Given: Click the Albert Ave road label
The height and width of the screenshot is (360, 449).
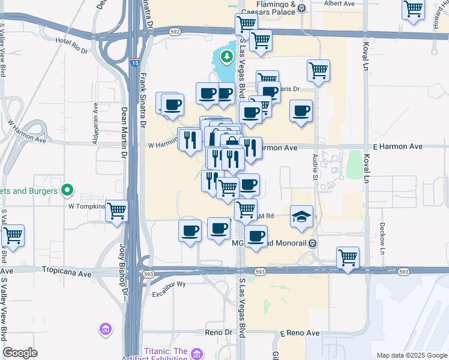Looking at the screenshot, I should [x=339, y=4].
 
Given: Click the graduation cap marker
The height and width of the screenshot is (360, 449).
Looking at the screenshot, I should [x=301, y=217].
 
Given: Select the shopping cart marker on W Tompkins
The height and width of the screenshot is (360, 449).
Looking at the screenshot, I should [x=117, y=211].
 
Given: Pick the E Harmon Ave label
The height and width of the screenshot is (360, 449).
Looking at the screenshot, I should [x=398, y=146].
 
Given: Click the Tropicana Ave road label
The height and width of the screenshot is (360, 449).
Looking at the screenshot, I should [x=67, y=272].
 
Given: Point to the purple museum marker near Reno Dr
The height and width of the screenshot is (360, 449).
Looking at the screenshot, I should [x=106, y=329].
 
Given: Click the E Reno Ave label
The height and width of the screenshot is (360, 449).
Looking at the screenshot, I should [x=300, y=332].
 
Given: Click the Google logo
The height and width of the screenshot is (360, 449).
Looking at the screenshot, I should [x=20, y=353].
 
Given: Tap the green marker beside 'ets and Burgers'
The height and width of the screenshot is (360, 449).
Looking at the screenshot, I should [x=67, y=191].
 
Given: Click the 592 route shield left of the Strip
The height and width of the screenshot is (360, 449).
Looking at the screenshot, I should [x=175, y=31].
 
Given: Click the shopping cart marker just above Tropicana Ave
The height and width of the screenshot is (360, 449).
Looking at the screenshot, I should [x=348, y=258].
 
